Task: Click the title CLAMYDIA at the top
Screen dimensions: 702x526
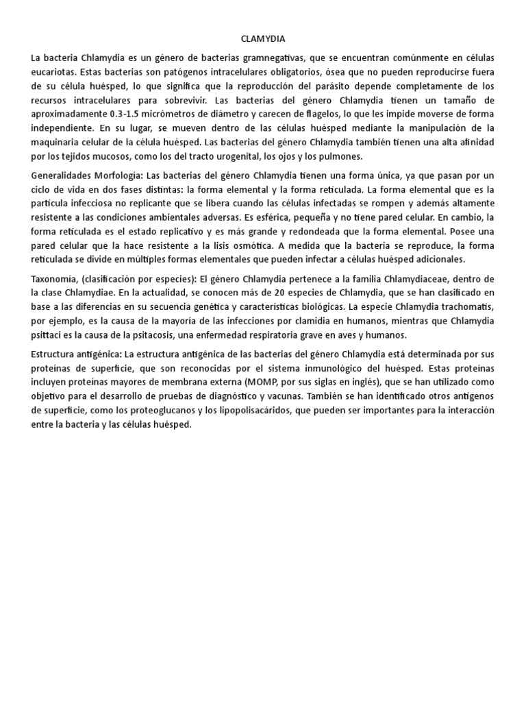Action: click(x=262, y=39)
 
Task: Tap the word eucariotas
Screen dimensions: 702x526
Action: click(x=53, y=71)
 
